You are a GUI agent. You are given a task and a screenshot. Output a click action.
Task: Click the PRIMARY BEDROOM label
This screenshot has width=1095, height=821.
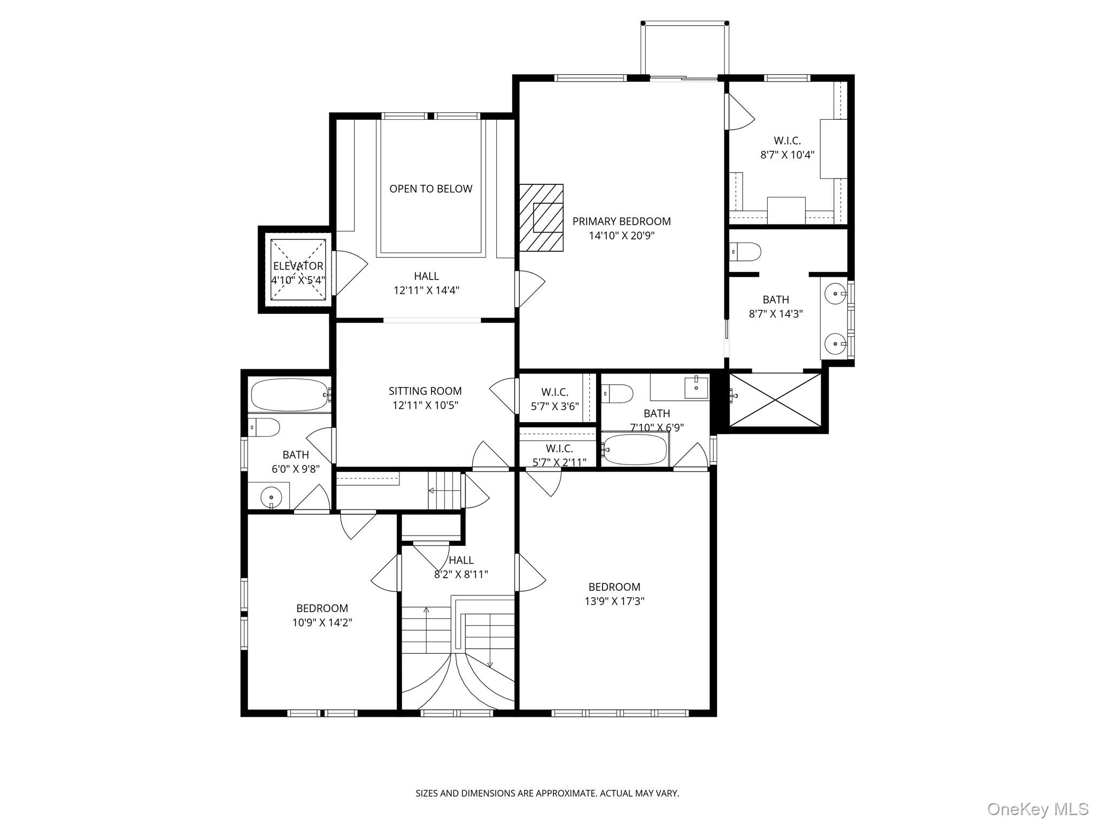[621, 221]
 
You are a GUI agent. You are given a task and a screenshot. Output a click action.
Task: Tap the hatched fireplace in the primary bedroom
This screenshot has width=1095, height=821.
[541, 218]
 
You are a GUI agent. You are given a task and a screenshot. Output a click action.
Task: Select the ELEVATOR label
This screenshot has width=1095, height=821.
[298, 266]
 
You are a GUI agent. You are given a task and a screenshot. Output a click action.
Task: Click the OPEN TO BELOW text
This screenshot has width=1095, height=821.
[430, 189]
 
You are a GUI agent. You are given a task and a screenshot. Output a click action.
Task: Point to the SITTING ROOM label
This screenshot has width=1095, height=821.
[425, 391]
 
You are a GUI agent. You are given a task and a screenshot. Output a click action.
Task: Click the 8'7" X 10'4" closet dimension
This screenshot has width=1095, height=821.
[787, 155]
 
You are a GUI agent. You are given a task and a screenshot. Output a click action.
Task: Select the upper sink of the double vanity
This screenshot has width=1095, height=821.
[835, 293]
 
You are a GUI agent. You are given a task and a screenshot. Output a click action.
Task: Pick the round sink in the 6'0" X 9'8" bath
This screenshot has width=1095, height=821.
[271, 498]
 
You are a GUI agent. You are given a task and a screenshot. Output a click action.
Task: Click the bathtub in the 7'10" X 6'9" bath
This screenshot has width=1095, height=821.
[635, 450]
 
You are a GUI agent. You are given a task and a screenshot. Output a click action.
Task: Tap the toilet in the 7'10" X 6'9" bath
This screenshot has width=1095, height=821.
[618, 393]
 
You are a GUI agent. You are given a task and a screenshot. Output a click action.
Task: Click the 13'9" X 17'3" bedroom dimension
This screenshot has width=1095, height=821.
[614, 601]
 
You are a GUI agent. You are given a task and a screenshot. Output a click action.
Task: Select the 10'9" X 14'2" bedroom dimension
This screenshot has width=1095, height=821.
[322, 623]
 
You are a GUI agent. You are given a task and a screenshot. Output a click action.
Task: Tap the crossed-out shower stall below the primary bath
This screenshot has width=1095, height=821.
[775, 400]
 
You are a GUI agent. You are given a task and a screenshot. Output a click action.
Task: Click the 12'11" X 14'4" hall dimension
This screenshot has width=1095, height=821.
[426, 291]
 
